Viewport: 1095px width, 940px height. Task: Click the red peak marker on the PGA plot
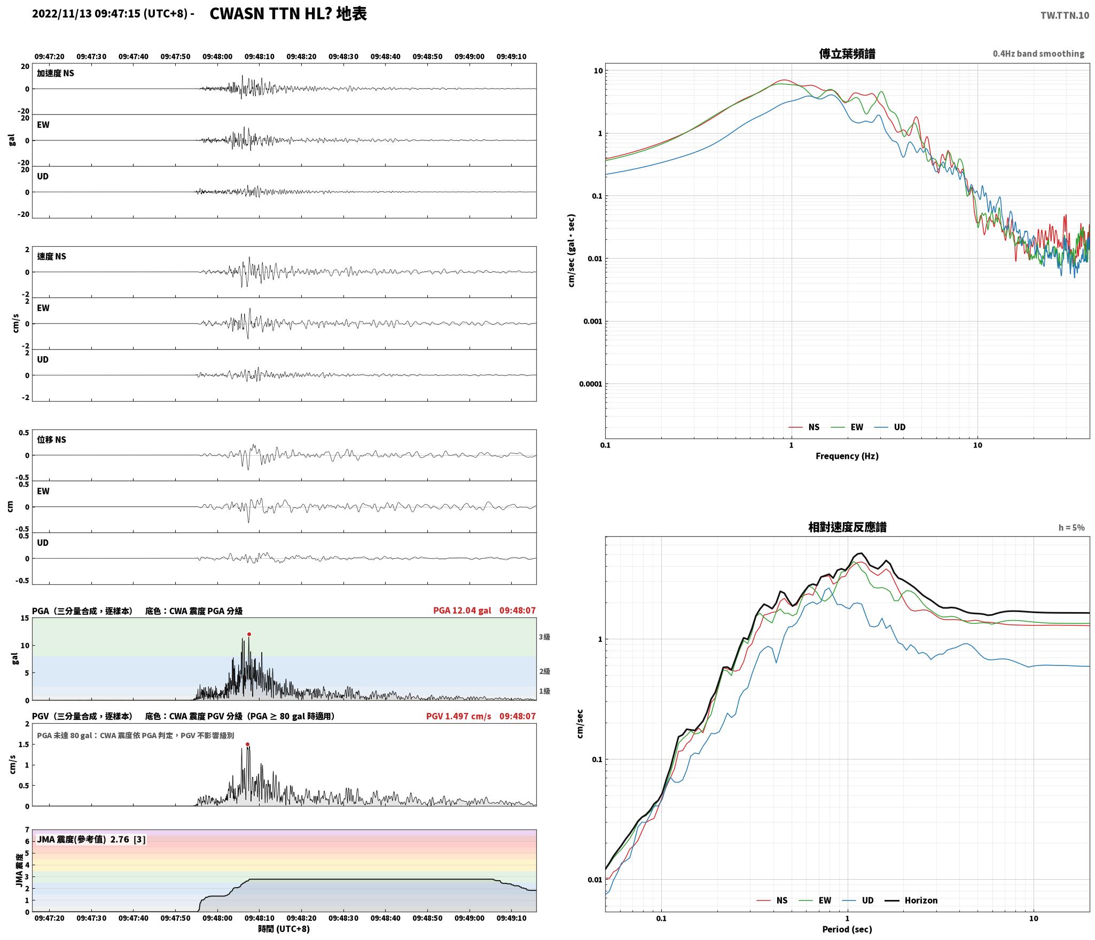(x=249, y=634)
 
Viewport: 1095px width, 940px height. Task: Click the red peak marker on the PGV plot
(x=247, y=745)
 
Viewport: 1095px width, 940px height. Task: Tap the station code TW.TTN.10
(x=1065, y=15)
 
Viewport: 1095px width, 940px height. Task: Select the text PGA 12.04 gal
(x=462, y=610)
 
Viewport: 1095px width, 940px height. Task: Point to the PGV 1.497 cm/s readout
(x=458, y=716)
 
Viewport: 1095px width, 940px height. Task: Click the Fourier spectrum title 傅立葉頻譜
(x=847, y=54)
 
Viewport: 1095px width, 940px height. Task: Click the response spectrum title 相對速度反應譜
(x=847, y=527)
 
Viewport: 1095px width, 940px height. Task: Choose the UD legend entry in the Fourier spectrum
(x=890, y=427)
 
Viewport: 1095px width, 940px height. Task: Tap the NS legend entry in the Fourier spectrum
(x=804, y=427)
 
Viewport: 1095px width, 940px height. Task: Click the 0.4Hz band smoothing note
(x=1038, y=54)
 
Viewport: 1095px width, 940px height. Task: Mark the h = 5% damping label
(x=1071, y=528)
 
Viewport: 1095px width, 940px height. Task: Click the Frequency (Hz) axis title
(x=847, y=456)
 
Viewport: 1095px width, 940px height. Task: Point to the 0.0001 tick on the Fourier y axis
(x=591, y=384)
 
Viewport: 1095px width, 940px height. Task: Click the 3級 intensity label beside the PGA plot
(x=544, y=637)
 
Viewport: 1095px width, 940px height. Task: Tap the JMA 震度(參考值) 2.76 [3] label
(x=91, y=840)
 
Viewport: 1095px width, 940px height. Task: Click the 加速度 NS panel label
(x=56, y=74)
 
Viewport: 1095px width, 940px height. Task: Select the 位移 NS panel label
(x=51, y=440)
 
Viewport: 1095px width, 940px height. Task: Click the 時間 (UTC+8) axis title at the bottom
(x=284, y=929)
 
